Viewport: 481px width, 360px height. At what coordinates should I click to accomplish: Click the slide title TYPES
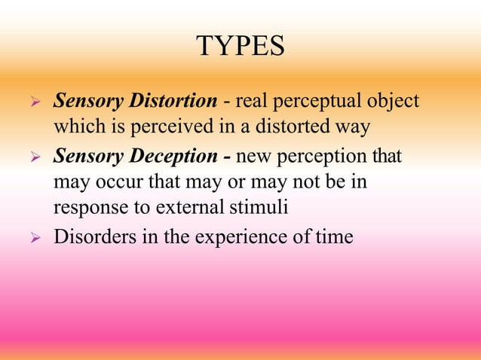coord(240,47)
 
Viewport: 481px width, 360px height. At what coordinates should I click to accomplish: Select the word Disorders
coord(88,236)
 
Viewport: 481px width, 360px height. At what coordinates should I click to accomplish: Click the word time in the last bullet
coord(337,236)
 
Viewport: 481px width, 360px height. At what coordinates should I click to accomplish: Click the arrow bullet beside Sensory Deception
coord(32,158)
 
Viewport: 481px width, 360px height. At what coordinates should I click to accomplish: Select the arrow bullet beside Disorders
coord(32,238)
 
